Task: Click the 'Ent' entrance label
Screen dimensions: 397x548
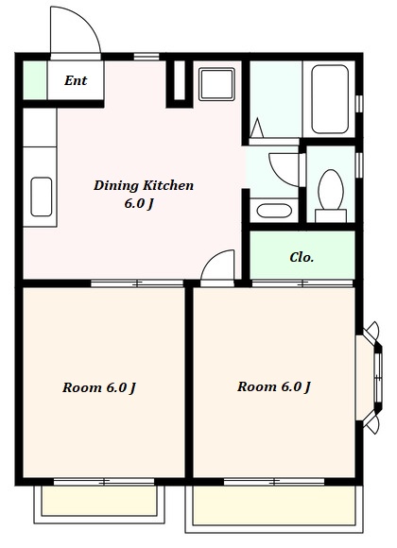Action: click(76, 80)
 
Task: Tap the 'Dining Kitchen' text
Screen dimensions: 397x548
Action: click(144, 185)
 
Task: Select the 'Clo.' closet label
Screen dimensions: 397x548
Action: click(302, 258)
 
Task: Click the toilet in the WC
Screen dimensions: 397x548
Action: click(331, 196)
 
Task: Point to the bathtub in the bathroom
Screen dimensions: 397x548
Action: click(330, 99)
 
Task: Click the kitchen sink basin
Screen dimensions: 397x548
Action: click(42, 197)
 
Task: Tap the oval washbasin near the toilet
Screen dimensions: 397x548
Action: click(274, 211)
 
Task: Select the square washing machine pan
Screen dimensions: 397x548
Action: click(216, 84)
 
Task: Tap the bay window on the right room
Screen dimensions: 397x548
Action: click(371, 378)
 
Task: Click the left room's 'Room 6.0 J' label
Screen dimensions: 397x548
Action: click(99, 387)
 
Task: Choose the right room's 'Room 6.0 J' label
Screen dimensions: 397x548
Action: click(274, 386)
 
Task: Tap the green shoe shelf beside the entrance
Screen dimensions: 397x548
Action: click(35, 80)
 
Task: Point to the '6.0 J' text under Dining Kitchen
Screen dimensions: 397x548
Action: click(139, 203)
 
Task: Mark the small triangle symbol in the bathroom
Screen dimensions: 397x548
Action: click(257, 128)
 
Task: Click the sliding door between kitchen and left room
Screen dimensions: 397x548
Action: click(137, 283)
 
